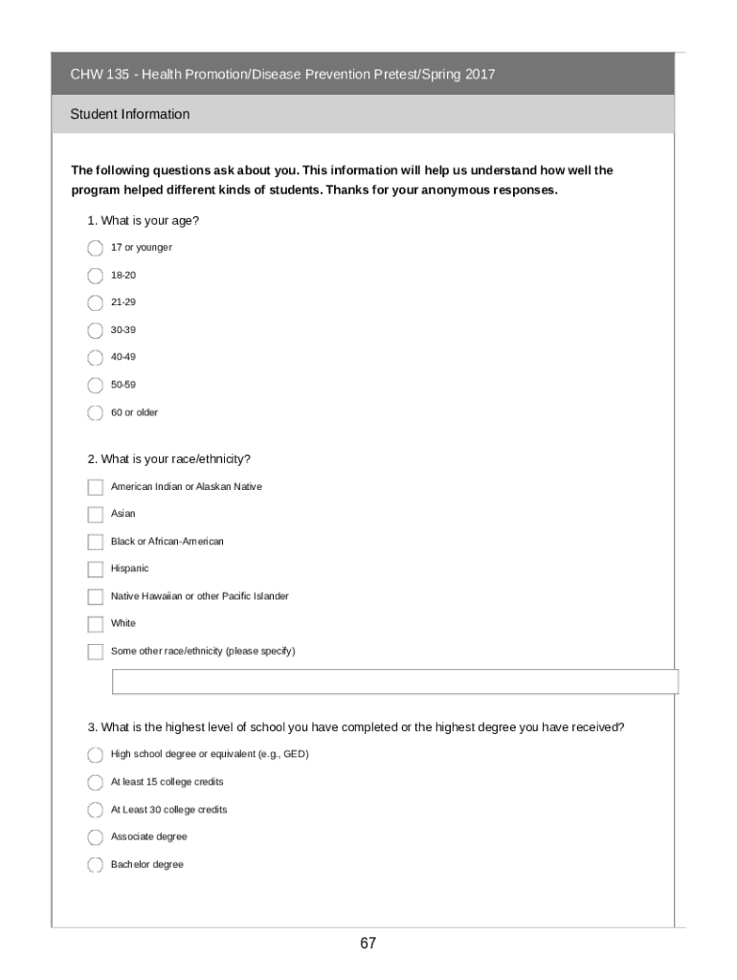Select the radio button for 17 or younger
coord(95,248)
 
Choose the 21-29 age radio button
coord(95,302)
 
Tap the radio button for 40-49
coord(95,358)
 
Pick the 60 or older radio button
coord(95,412)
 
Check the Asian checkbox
coord(95,514)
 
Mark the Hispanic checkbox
coord(95,569)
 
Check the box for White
coord(95,624)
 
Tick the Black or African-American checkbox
coord(95,542)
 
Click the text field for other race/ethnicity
coord(394,681)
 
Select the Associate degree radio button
coord(95,837)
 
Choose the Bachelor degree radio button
coord(95,865)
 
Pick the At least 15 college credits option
coord(95,783)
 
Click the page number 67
coord(368,944)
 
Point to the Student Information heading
coord(130,114)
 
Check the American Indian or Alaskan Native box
coord(95,487)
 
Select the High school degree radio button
coord(95,755)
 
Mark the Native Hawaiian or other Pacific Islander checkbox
coord(95,596)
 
